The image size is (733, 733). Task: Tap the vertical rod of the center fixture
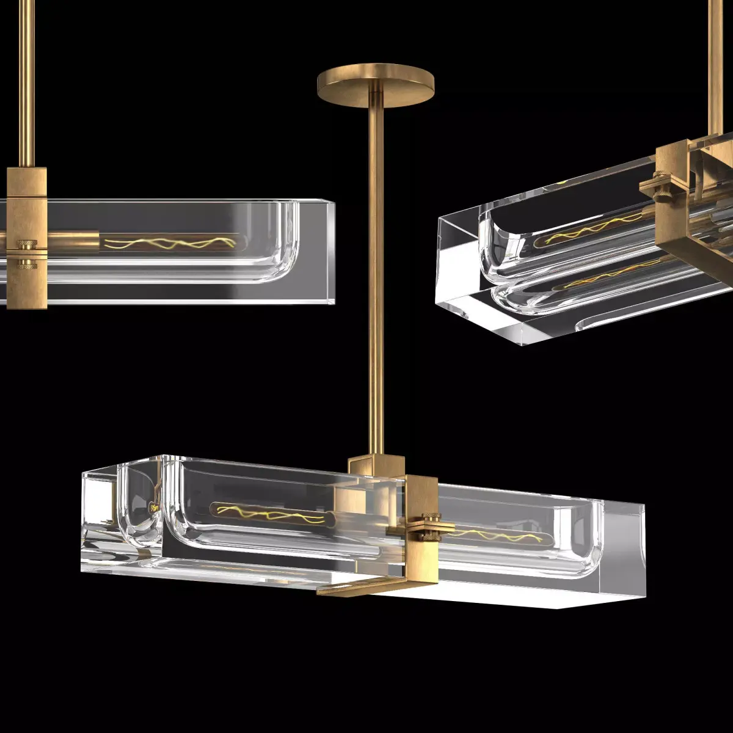point(376,275)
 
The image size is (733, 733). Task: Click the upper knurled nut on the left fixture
point(26,246)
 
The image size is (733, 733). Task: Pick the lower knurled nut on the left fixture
point(26,264)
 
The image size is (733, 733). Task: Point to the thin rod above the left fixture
point(26,79)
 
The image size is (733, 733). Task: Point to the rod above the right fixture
point(716,61)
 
